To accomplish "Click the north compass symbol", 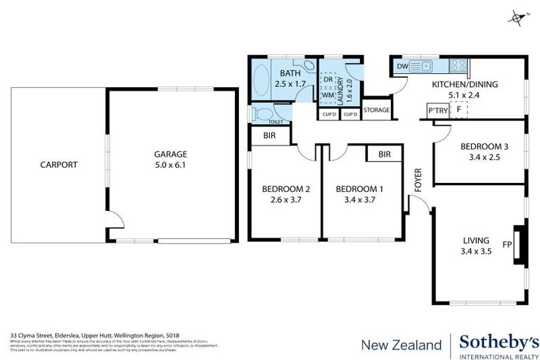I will click(x=518, y=16).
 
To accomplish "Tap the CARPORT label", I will click(x=58, y=165).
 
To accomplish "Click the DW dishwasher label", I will click(x=402, y=66).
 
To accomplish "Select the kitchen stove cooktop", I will click(x=458, y=65).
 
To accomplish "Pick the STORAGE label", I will click(x=377, y=110).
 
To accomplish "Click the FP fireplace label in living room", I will click(x=506, y=245).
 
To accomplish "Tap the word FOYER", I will click(x=418, y=179).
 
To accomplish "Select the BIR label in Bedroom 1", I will click(x=384, y=153).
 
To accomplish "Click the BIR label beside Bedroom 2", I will click(x=269, y=135).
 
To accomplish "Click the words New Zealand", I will click(x=401, y=345).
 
